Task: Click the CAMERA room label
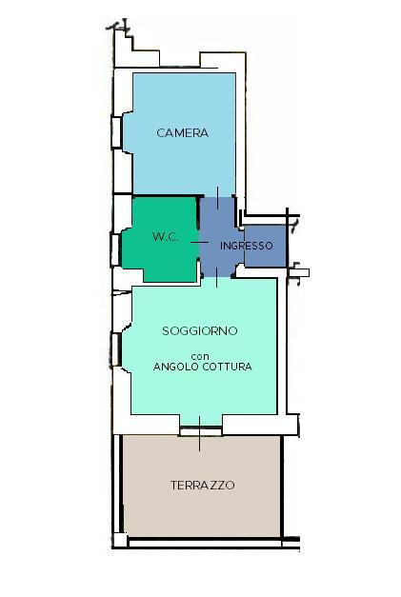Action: click(x=183, y=133)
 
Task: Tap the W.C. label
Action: click(x=166, y=237)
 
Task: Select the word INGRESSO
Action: click(x=247, y=246)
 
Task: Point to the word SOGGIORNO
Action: click(x=200, y=330)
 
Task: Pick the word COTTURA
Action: click(x=228, y=367)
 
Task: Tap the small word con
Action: click(x=200, y=357)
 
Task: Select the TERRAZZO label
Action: click(x=203, y=485)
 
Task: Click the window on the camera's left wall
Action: click(x=116, y=132)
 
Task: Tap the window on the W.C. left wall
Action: click(x=115, y=249)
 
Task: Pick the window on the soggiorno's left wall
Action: click(x=116, y=349)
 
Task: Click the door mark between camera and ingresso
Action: click(x=218, y=198)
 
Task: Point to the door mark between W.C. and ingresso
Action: click(x=200, y=242)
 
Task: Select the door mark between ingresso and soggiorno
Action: click(x=216, y=277)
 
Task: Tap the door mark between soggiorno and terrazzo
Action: click(x=200, y=433)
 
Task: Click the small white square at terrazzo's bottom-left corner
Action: click(x=120, y=540)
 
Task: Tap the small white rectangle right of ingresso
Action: click(x=299, y=272)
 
